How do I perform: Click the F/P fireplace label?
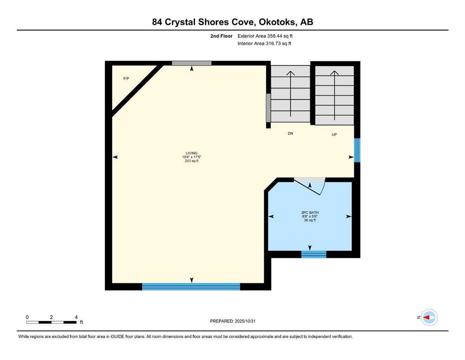click(x=126, y=79)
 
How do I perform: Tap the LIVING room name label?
click(x=192, y=153)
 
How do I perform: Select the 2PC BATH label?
click(x=310, y=212)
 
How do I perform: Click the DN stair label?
click(x=290, y=134)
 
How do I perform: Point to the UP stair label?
click(x=334, y=135)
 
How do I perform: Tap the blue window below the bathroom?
click(x=314, y=255)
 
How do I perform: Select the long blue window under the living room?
click(x=191, y=287)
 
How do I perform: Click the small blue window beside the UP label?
click(x=357, y=150)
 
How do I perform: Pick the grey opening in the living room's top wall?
click(x=192, y=63)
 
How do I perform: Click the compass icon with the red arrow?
click(x=429, y=317)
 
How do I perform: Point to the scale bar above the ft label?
click(x=52, y=322)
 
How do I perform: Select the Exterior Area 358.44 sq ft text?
click(x=265, y=36)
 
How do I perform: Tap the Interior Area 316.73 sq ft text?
click(x=264, y=43)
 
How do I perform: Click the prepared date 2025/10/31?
click(x=245, y=321)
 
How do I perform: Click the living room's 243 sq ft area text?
click(x=192, y=161)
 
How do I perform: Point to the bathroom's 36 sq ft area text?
click(x=310, y=220)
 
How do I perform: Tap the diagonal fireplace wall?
click(x=137, y=90)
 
